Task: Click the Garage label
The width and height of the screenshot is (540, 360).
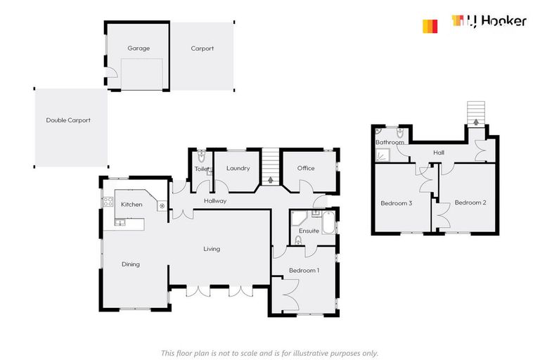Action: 139,49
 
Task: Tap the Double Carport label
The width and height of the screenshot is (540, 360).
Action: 68,120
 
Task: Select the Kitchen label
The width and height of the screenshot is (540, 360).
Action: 131,205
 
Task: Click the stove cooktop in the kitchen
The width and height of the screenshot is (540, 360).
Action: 109,203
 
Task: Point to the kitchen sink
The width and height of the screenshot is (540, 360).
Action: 121,223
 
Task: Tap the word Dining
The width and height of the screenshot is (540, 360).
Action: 131,264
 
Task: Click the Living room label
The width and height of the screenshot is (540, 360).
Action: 212,249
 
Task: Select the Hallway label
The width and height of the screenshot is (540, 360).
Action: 215,201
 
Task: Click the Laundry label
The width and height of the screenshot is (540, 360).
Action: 238,169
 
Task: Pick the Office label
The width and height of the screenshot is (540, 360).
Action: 306,169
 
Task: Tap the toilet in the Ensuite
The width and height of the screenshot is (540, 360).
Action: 298,240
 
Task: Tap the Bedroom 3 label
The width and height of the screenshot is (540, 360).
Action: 396,203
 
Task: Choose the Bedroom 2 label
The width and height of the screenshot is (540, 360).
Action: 470,202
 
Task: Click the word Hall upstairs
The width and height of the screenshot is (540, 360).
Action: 439,152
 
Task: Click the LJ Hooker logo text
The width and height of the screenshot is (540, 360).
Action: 496,22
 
